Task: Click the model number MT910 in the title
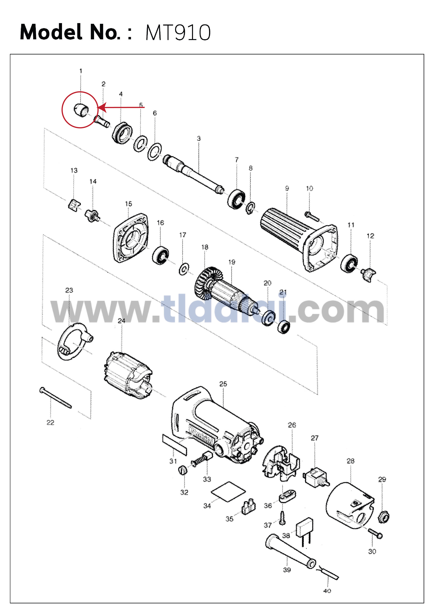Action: (x=178, y=33)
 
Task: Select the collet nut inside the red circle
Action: (x=81, y=110)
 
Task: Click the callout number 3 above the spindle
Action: (x=199, y=139)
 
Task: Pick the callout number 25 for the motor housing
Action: (x=223, y=384)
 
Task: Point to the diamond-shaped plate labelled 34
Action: (x=228, y=492)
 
